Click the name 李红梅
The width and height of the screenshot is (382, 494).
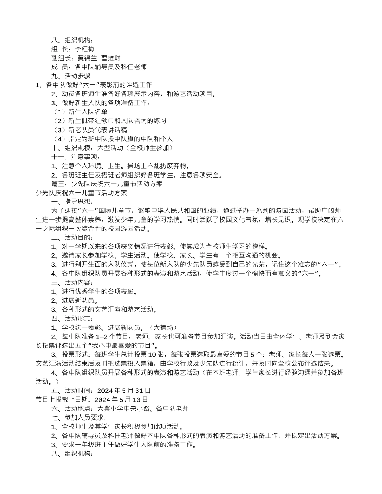84,49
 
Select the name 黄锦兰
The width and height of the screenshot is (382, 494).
87,58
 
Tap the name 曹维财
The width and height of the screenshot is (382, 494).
111,58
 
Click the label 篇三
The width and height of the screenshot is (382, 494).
60,184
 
